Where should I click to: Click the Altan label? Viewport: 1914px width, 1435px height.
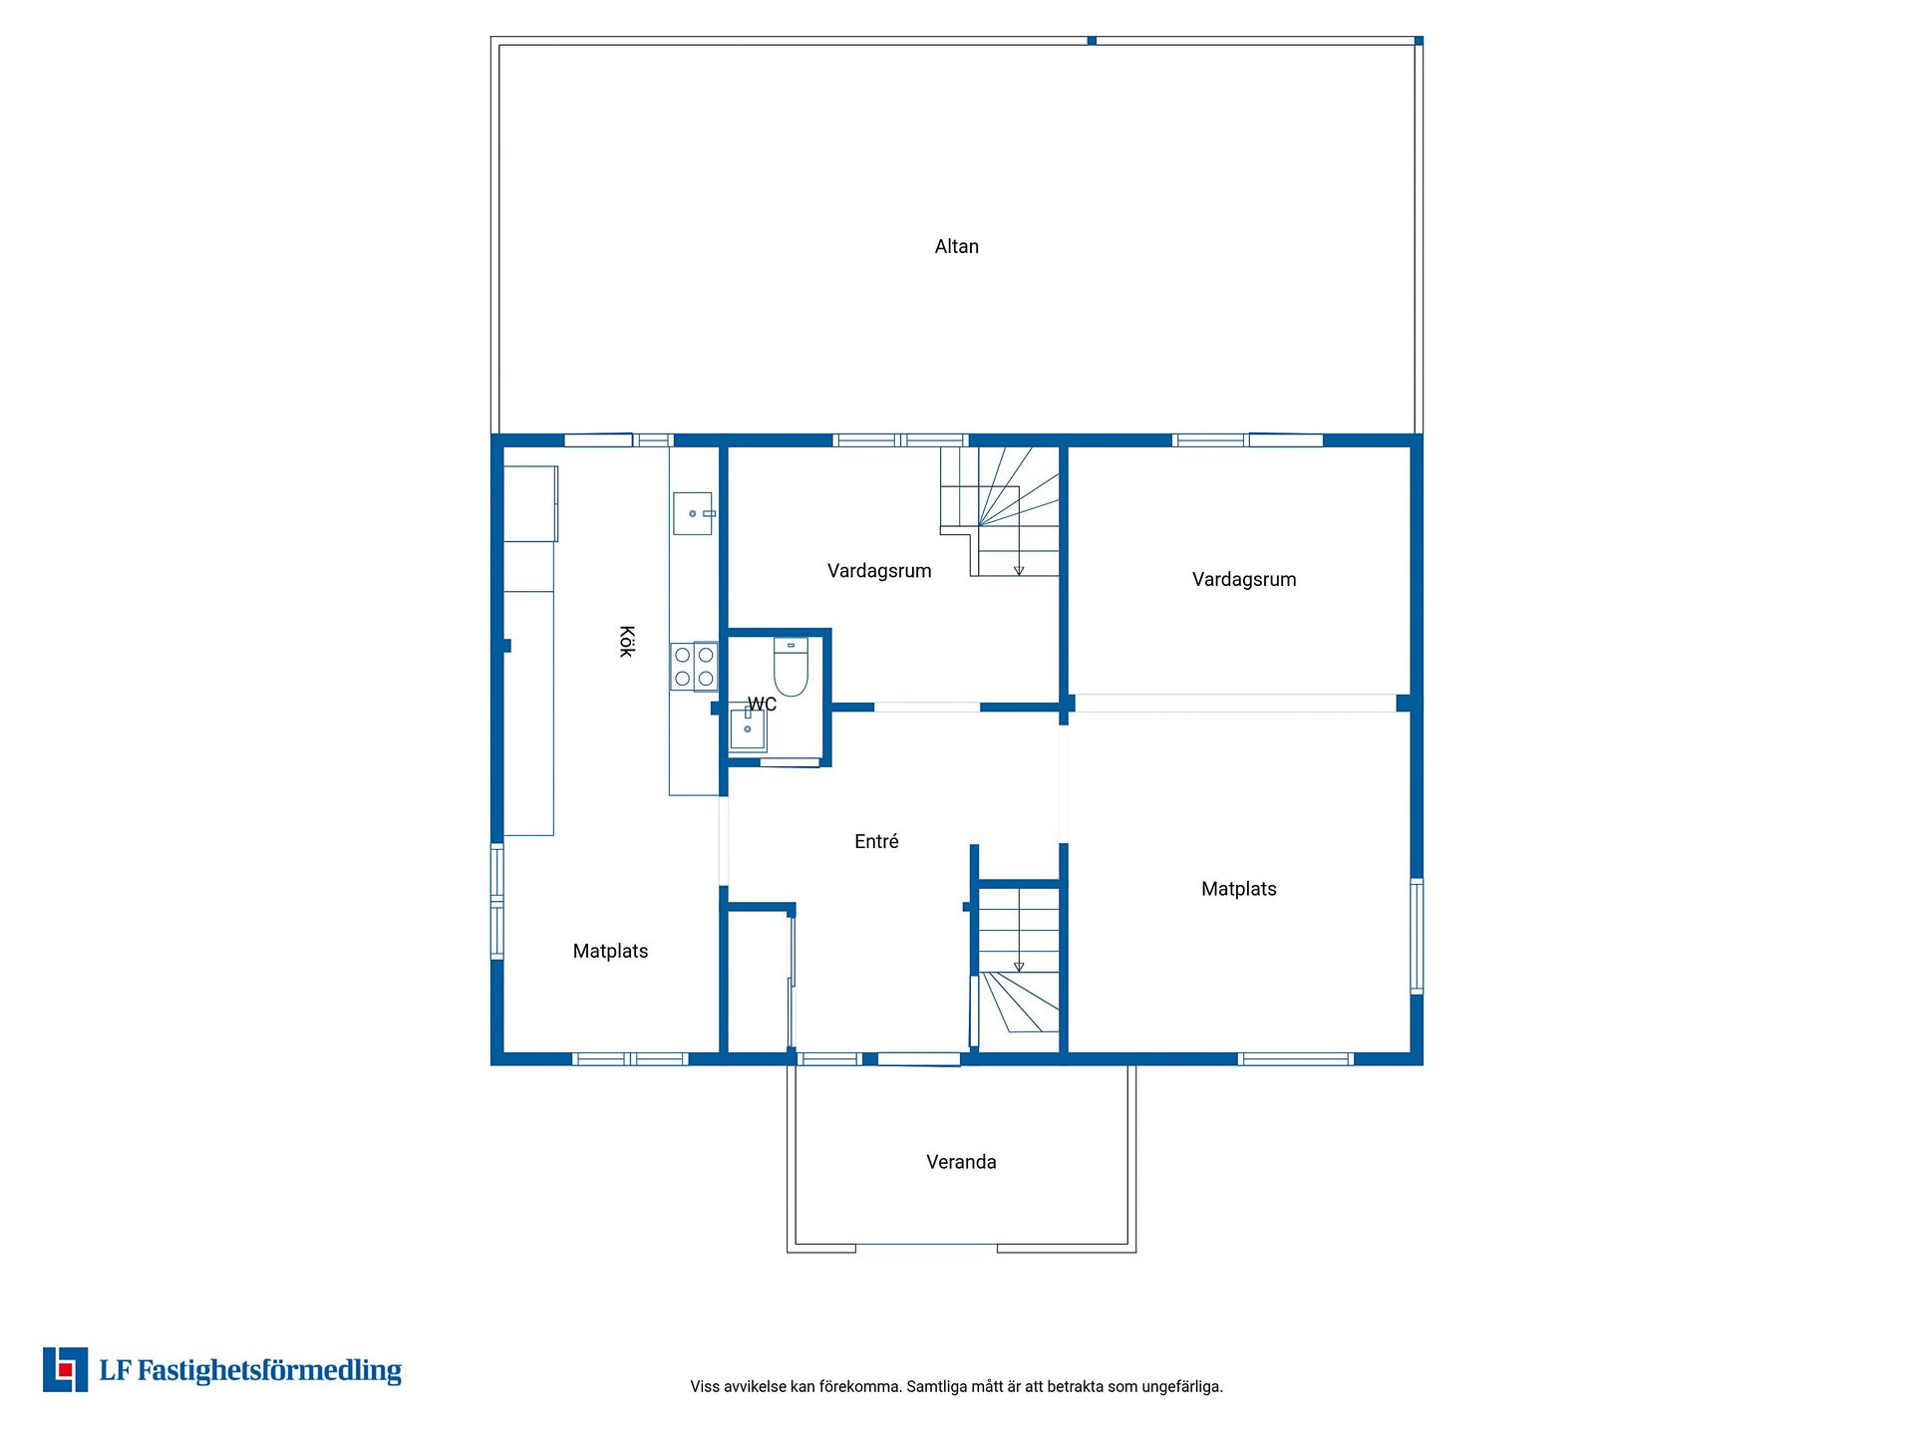point(956,246)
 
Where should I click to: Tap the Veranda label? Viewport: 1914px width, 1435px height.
point(961,1162)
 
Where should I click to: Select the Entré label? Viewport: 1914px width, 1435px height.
point(876,841)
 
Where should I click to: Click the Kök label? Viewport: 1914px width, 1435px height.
point(626,641)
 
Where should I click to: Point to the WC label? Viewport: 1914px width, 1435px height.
point(762,705)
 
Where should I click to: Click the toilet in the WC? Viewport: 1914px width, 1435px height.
point(791,667)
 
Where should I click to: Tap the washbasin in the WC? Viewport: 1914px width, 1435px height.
point(748,729)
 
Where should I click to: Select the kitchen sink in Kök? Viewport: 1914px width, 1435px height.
point(693,513)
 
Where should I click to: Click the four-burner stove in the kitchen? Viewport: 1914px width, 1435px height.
point(694,667)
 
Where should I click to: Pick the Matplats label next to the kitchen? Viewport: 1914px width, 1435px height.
point(610,951)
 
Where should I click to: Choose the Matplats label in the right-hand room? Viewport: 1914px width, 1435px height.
point(1238,889)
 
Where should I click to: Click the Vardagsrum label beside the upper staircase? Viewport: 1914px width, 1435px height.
point(879,570)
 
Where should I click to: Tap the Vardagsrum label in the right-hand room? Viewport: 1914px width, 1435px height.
point(1244,579)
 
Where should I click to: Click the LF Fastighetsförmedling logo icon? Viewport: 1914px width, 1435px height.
point(66,1369)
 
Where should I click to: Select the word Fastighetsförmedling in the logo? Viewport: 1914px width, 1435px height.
point(269,1371)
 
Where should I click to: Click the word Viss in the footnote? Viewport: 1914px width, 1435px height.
point(705,1386)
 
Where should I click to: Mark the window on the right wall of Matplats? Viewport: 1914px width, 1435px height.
point(1417,936)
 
